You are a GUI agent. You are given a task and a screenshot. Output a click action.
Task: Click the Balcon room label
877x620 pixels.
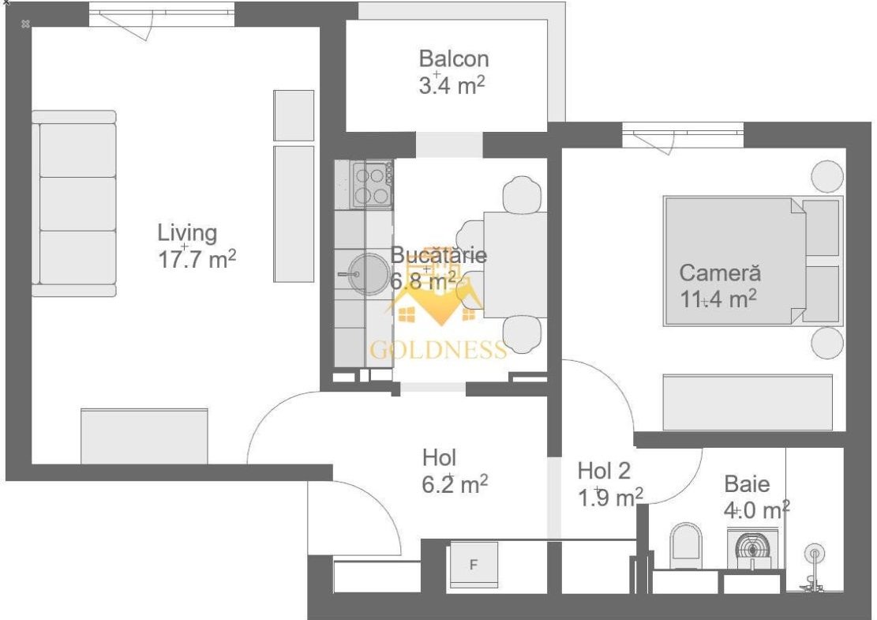(x=454, y=58)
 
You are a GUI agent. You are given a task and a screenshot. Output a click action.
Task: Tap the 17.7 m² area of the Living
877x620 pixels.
(x=197, y=260)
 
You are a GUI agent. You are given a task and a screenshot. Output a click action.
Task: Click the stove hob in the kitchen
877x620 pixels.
(x=372, y=186)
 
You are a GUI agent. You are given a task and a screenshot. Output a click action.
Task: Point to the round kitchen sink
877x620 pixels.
(x=369, y=273)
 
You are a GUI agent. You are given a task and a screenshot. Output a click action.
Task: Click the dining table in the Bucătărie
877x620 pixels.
(x=515, y=264)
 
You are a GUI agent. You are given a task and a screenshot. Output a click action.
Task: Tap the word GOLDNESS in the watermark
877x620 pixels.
(x=439, y=350)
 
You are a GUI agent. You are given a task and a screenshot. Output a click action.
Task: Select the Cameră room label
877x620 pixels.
(x=720, y=273)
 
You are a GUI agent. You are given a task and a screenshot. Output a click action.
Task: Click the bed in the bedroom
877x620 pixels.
(x=753, y=261)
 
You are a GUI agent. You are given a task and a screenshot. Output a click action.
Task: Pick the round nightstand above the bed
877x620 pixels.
(x=827, y=176)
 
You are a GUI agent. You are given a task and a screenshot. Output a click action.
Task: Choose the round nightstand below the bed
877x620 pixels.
(x=827, y=343)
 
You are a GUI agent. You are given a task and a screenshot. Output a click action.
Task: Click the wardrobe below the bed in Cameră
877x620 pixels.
(x=748, y=402)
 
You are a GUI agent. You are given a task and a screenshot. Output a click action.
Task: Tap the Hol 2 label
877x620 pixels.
(x=604, y=471)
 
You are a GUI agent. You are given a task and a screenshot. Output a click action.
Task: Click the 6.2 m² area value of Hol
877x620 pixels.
(x=455, y=484)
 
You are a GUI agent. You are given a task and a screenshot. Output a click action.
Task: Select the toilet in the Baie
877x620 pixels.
(x=686, y=543)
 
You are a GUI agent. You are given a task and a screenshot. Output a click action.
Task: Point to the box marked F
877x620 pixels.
(x=474, y=565)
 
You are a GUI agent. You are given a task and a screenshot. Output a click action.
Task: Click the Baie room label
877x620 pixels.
(x=747, y=484)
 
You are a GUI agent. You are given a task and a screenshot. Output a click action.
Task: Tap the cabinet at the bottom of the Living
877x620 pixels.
(x=144, y=437)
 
